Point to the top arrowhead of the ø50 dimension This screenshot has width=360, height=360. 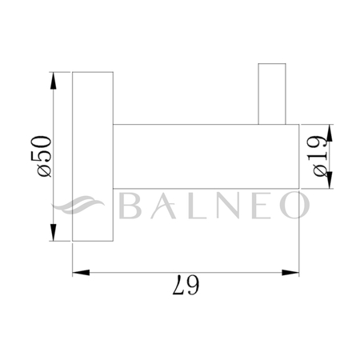coord(53,78)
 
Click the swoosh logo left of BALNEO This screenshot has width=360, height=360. coord(84,206)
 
